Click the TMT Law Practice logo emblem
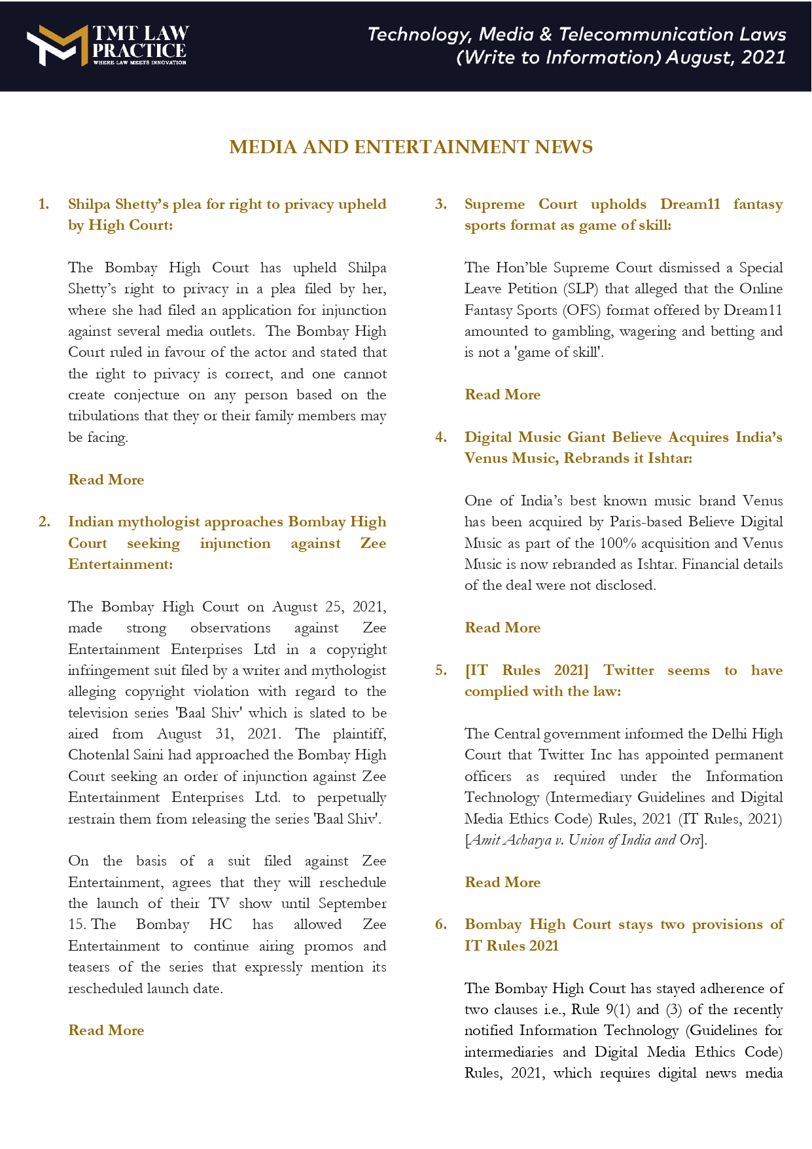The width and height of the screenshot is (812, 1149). (x=56, y=45)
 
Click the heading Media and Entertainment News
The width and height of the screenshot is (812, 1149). (x=411, y=147)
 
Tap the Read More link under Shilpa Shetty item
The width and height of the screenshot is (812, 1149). (x=106, y=480)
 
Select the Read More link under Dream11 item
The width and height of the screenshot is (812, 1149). (x=503, y=395)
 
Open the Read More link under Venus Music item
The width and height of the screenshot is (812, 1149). (x=503, y=628)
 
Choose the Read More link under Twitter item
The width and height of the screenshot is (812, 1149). (x=503, y=883)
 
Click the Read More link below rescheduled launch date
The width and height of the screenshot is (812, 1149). (x=106, y=1030)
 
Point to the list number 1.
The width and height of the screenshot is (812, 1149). (x=44, y=204)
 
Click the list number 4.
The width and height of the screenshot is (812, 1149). (x=441, y=437)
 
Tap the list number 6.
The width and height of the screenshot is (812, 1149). (x=441, y=924)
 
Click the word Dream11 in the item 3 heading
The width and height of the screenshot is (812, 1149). (x=690, y=204)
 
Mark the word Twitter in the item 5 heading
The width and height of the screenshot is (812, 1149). (x=628, y=670)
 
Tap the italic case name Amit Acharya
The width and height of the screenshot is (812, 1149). (x=511, y=840)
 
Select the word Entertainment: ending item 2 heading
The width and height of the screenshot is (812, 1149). (x=120, y=564)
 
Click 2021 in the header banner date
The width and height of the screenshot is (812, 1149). (x=763, y=58)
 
